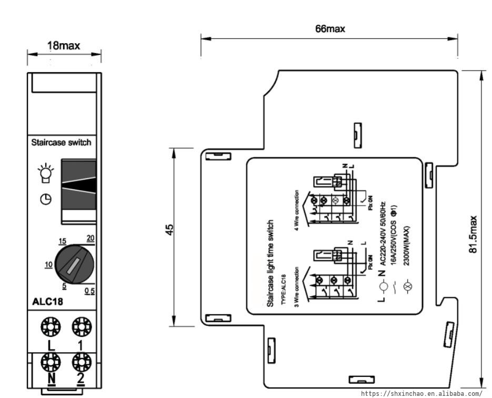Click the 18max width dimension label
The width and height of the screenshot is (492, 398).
(64, 46)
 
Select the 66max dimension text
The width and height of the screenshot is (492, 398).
(330, 29)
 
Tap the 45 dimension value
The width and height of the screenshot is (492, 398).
(169, 230)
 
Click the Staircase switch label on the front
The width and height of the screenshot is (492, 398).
(61, 142)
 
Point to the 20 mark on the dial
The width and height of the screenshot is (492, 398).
(91, 239)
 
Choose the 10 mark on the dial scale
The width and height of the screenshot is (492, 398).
(48, 264)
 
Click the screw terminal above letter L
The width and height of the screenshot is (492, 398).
(51, 327)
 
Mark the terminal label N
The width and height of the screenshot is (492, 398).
(52, 378)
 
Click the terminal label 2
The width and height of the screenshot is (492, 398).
(81, 378)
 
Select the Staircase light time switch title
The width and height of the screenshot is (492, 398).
(271, 264)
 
